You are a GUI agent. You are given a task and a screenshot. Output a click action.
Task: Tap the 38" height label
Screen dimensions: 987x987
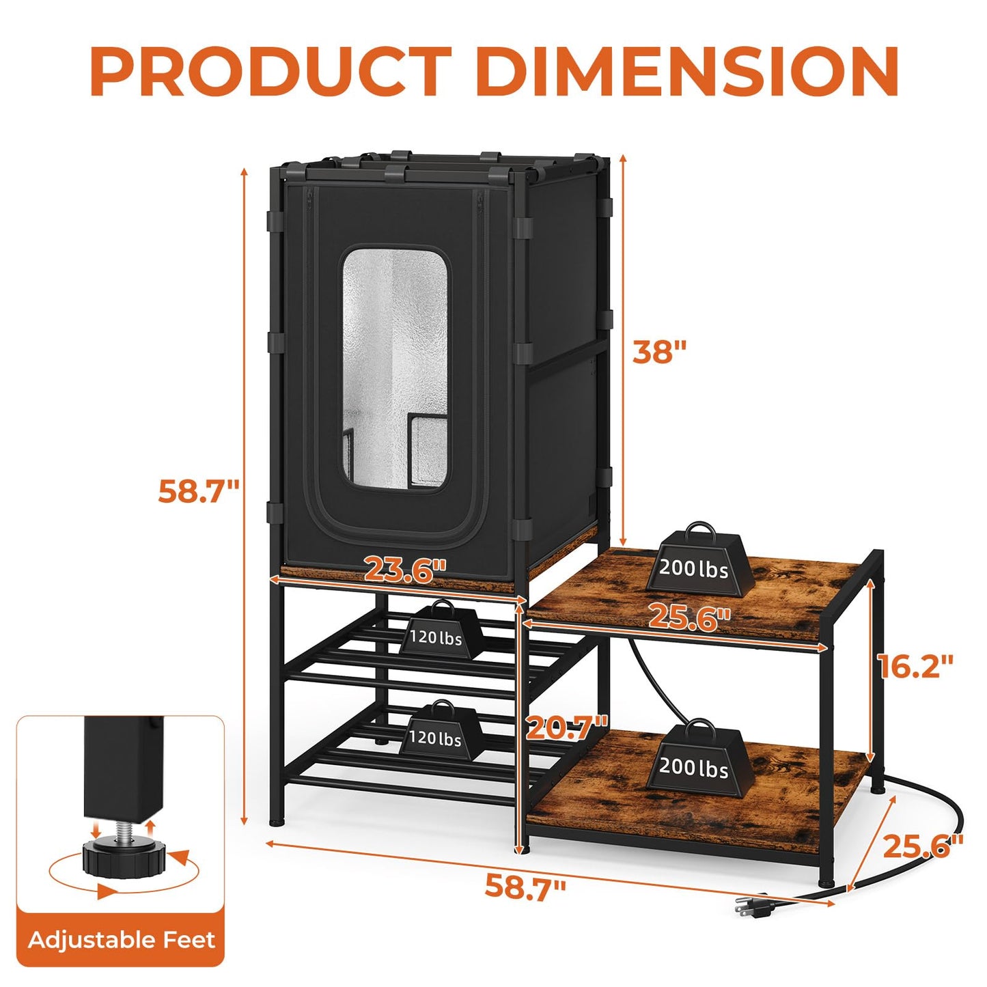[x=658, y=352]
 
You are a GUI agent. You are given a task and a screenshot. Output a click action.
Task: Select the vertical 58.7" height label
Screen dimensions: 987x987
[x=199, y=491]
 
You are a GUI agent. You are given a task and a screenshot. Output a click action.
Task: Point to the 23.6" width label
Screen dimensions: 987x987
[x=405, y=570]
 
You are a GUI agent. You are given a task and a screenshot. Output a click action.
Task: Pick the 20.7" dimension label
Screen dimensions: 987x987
[x=566, y=727]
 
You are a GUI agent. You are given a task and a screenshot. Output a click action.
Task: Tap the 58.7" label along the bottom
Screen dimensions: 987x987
[x=525, y=887]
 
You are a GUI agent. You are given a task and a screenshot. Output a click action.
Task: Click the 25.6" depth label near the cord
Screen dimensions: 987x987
[x=923, y=846]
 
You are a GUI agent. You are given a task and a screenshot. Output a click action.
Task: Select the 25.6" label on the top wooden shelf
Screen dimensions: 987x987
[x=689, y=617]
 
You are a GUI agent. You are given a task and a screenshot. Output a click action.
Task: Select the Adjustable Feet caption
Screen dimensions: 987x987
[x=122, y=940]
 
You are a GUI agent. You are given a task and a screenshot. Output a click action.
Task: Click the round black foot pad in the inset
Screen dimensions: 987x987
[x=122, y=859]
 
